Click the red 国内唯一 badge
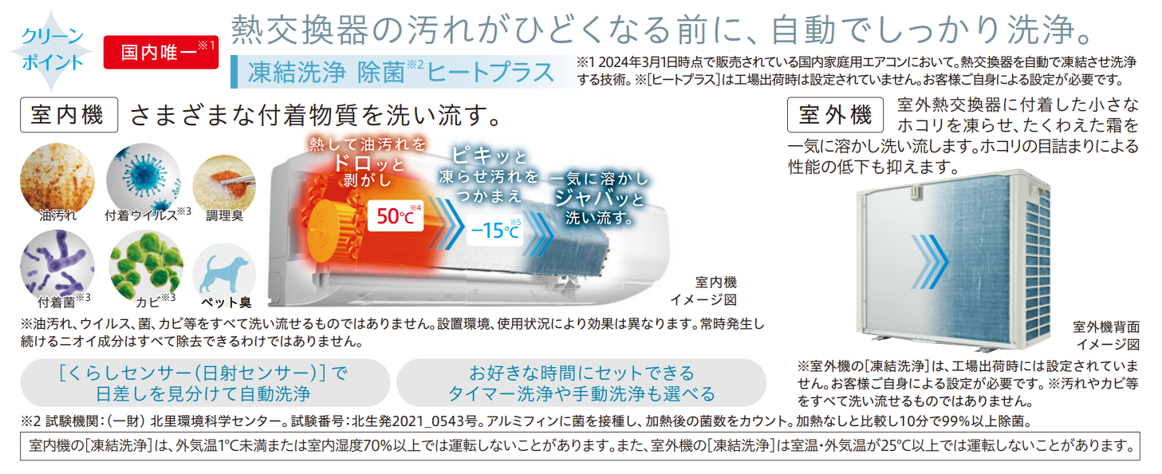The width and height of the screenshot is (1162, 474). [x=161, y=52]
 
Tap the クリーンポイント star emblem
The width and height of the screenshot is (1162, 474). [x=51, y=51]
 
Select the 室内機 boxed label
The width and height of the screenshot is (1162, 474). [x=69, y=115]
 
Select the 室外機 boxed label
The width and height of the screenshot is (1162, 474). [x=835, y=115]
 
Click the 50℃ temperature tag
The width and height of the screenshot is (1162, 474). [x=396, y=215]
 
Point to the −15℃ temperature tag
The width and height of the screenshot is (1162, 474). [x=495, y=230]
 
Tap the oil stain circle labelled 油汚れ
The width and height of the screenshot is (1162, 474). [x=57, y=179]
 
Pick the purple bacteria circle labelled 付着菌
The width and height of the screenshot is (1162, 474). [x=57, y=265]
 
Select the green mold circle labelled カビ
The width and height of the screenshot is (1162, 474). [x=146, y=265]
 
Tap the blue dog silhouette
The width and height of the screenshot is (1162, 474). [x=225, y=274]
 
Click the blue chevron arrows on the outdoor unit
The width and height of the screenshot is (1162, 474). [x=930, y=262]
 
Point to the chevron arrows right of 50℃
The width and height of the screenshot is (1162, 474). [x=446, y=223]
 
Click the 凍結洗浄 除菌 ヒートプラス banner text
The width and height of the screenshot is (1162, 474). [x=401, y=72]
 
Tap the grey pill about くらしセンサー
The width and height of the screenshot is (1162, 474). [x=205, y=383]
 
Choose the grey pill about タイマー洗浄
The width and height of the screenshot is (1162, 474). [x=581, y=383]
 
